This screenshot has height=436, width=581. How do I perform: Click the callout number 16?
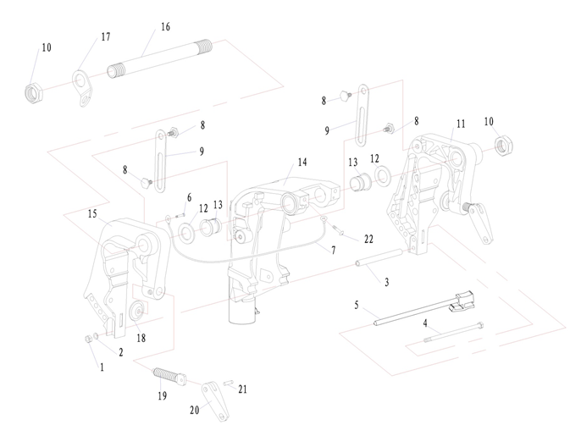165,27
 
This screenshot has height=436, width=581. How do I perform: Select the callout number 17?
105,36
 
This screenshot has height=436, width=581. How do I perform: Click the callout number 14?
302,161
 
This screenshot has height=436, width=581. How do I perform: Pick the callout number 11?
461,124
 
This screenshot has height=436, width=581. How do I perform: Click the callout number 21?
243,389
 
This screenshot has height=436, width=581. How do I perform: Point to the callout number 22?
368,240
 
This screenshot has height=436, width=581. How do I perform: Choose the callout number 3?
386,282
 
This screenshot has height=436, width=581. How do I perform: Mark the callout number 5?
357,304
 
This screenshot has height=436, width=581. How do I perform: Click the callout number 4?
425,323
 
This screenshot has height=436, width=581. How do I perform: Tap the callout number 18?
141,338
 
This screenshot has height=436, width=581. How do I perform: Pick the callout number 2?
121,352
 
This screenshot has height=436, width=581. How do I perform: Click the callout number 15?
91,214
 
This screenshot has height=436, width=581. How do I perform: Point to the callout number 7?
333,251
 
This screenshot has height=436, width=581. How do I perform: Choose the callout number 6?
189,197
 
